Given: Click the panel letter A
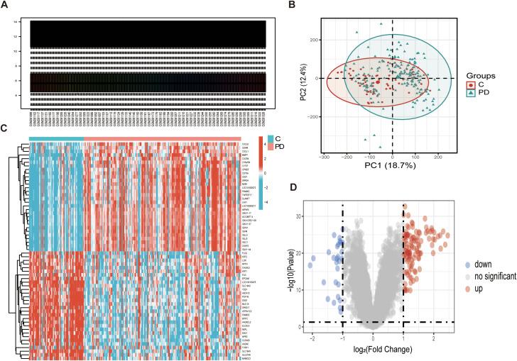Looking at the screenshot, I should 5,5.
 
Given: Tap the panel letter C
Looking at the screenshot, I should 5,129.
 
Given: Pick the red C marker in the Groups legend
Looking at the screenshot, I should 472,85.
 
